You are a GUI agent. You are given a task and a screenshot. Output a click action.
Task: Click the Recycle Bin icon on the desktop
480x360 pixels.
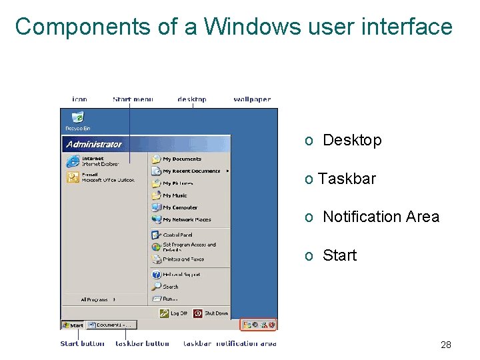77,120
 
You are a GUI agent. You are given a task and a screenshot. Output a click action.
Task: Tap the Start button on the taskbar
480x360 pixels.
73,325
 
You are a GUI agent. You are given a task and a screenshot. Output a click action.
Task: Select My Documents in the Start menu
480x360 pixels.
181,159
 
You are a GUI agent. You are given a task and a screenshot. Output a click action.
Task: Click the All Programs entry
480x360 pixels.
98,300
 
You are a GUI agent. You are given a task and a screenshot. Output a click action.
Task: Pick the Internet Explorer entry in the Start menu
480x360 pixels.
93,161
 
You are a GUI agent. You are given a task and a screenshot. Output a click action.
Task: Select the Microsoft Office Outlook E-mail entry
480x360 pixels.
100,177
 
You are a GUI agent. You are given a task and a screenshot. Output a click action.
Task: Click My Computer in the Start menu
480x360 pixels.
179,207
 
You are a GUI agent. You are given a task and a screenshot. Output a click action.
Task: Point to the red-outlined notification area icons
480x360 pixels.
259,325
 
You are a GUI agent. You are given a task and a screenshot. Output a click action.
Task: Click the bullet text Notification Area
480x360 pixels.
380,217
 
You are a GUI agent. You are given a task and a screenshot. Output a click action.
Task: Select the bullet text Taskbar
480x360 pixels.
347,179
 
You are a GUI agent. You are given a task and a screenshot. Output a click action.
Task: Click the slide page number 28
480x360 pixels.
446,345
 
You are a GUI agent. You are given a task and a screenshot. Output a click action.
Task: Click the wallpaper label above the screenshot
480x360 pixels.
252,99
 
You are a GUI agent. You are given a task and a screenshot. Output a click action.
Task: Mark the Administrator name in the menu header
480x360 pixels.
94,144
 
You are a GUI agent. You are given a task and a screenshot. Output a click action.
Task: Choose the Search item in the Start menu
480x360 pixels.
170,287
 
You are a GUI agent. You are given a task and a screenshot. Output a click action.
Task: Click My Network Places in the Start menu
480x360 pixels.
186,219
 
